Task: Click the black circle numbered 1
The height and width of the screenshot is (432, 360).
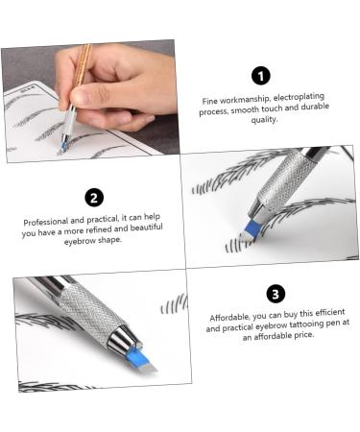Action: click(x=260, y=76)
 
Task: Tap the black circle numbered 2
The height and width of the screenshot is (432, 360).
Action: click(x=94, y=198)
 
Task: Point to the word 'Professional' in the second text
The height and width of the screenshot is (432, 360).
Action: click(x=48, y=222)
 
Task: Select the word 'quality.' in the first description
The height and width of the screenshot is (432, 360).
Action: click(x=260, y=121)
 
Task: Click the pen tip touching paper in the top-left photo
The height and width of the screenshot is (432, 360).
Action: click(x=64, y=147)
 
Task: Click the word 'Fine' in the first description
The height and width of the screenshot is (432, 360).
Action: click(x=210, y=100)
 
